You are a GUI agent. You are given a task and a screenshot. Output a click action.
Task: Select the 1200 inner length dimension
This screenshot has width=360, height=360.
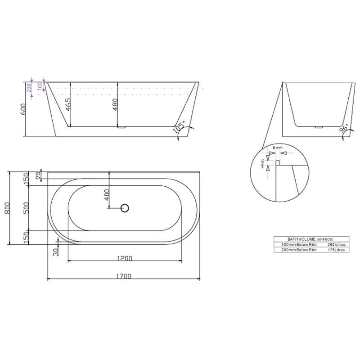[124, 258]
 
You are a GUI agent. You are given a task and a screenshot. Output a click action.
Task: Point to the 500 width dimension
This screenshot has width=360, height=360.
[26, 207]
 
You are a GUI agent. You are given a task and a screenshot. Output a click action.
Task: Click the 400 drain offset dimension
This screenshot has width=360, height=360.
[107, 196]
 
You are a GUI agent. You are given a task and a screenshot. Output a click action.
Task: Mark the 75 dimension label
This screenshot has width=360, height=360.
[38, 174]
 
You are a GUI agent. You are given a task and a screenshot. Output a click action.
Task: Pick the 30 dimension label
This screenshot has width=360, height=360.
[56, 252]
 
